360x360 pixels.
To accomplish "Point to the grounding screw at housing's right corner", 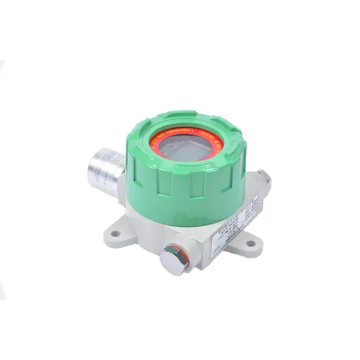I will click(x=264, y=177).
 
